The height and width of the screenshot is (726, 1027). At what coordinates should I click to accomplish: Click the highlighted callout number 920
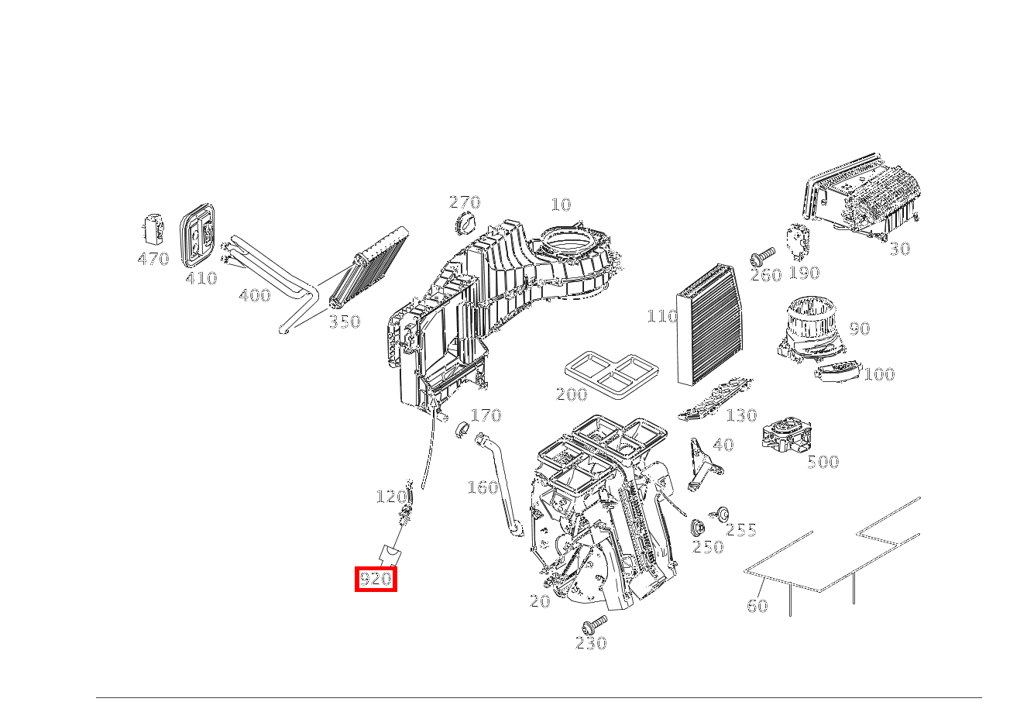click(376, 579)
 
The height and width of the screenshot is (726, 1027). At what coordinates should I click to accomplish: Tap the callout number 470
click(153, 259)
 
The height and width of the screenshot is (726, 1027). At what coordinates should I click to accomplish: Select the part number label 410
click(201, 277)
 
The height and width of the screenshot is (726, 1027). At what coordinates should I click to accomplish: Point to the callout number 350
click(344, 322)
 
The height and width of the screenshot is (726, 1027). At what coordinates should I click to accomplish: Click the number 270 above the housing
click(465, 202)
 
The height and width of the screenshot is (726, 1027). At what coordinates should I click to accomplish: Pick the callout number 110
click(662, 316)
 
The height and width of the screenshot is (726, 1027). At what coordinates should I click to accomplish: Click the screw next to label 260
click(762, 256)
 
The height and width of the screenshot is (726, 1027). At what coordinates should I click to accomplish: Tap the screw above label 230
click(596, 622)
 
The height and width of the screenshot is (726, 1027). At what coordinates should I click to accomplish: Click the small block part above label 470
click(152, 229)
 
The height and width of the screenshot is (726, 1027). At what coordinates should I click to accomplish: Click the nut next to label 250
click(697, 528)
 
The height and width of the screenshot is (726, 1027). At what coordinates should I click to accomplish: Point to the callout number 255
click(741, 530)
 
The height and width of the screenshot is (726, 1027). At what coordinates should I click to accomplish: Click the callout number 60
click(757, 606)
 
